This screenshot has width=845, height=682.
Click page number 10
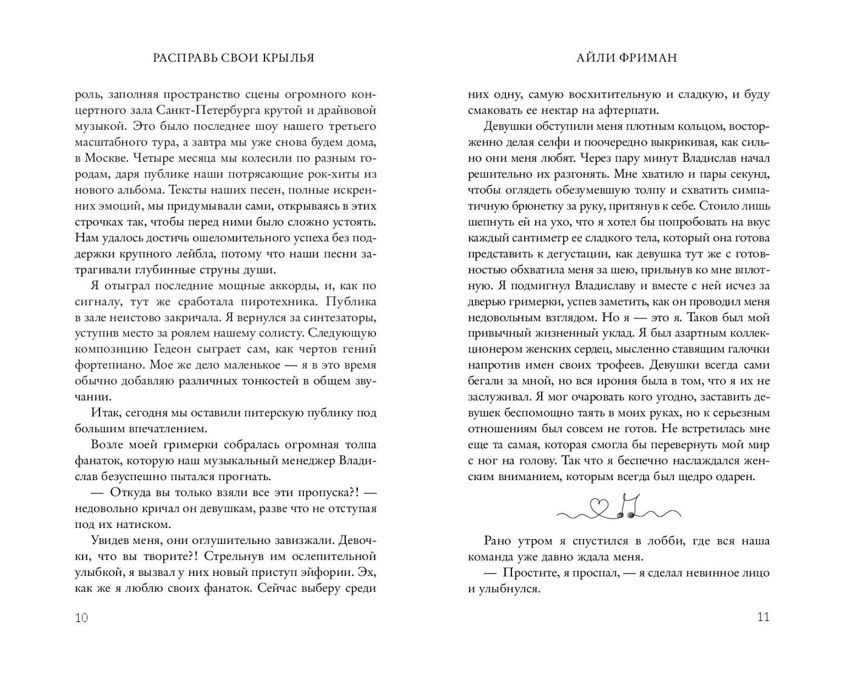click(x=81, y=618)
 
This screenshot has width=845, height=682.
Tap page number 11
click(x=763, y=617)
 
